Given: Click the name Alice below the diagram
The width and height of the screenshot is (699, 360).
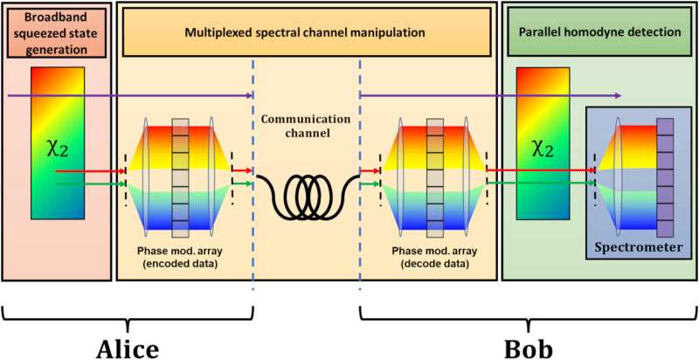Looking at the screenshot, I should click(x=128, y=345).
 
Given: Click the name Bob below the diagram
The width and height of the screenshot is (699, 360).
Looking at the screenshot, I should click(x=527, y=345).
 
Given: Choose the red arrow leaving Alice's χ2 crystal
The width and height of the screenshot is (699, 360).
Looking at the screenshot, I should click(x=105, y=172).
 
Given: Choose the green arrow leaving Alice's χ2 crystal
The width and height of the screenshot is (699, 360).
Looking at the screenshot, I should click(x=105, y=183).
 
